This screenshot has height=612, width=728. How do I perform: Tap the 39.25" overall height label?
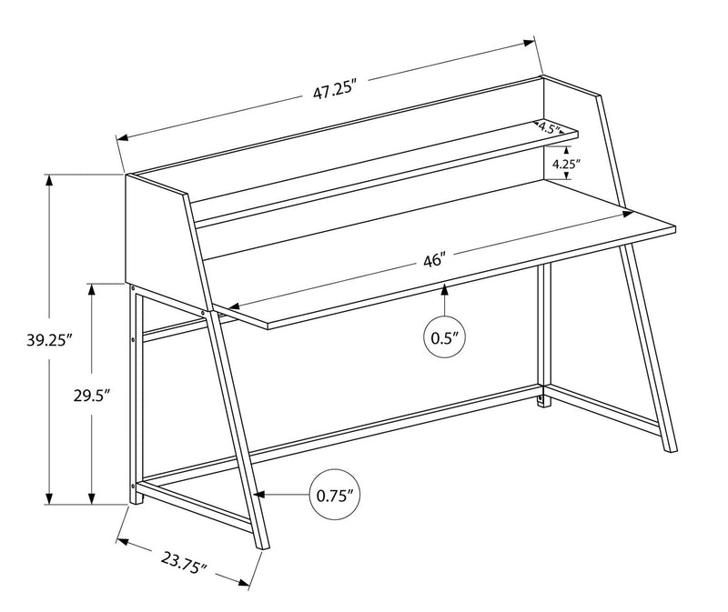(x=50, y=340)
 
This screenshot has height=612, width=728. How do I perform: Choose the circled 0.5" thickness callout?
(x=445, y=337)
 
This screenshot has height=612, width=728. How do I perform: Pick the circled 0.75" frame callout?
(x=335, y=496)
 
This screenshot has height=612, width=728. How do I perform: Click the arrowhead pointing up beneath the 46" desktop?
(x=445, y=290)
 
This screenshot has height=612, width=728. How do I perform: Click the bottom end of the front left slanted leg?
(x=265, y=547)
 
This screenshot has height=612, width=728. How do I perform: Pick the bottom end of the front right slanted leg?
(x=671, y=448)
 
